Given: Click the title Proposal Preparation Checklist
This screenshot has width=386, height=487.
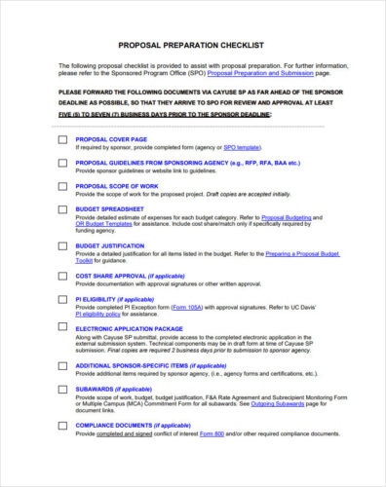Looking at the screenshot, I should pyautogui.click(x=193, y=45).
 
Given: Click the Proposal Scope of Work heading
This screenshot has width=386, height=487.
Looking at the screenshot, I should pyautogui.click(x=118, y=186).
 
